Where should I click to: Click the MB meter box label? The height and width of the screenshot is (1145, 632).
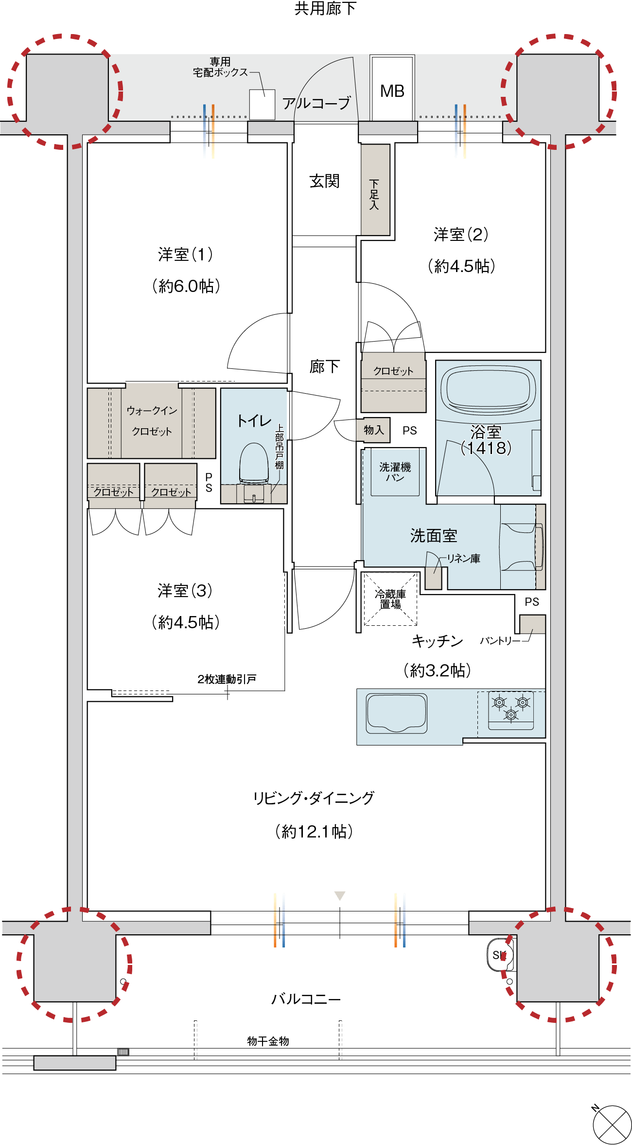coord(392,91)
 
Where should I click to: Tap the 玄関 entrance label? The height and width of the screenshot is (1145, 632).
coord(324,181)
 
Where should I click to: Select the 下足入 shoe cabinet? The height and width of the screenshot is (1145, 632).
coord(375,190)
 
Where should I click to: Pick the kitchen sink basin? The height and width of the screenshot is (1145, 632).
coord(397,713)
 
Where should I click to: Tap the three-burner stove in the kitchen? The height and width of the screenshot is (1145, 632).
coord(511,709)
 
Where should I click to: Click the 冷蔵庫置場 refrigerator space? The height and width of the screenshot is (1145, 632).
coord(390,599)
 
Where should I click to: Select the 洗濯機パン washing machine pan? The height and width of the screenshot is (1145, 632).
coord(395,472)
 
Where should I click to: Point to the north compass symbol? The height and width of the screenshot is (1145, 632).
coord(612,1125)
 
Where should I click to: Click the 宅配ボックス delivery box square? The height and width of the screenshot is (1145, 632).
coord(262,104)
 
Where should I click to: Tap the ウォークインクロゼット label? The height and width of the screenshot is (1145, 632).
coord(152,421)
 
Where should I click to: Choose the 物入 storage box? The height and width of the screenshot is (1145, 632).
coord(373,430)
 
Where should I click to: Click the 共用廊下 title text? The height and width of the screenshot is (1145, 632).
coord(325,8)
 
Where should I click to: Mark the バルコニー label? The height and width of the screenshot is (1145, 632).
coord(306,999)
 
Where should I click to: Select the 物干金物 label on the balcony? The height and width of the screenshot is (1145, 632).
coord(268,1041)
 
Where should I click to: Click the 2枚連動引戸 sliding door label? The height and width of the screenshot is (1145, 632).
coord(227,679)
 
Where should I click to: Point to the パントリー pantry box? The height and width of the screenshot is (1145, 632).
coord(532,624)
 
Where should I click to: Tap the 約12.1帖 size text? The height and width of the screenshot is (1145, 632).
coord(314,831)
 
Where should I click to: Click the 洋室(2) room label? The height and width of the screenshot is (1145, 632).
coord(461,235)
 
